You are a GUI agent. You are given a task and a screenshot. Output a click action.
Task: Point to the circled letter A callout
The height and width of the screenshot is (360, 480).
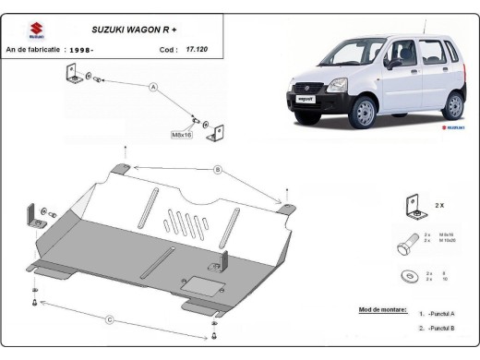(153, 88)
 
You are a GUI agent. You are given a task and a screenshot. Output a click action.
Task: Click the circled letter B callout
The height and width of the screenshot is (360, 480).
(218, 169)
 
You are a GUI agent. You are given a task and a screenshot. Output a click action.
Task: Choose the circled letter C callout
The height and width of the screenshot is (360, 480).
(109, 319)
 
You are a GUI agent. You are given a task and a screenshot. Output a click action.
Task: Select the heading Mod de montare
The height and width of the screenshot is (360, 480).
(381, 311)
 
